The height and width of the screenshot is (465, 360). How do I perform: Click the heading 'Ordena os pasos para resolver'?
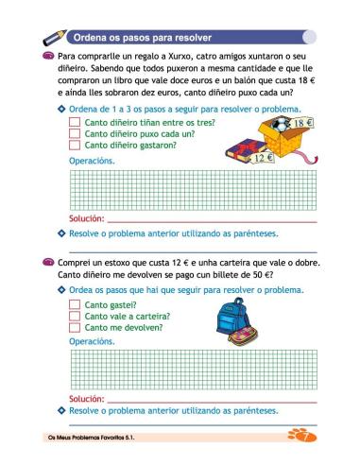tap(143, 38)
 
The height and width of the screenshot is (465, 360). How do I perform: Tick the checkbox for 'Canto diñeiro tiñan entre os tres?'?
tap(75, 123)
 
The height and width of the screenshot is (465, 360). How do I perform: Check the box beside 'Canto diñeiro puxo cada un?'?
tap(75, 134)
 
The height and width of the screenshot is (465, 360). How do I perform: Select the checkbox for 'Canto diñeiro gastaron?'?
tap(75, 146)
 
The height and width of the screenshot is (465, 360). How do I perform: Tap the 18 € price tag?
tap(301, 123)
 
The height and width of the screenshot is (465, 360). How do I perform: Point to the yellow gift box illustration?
tap(276, 137)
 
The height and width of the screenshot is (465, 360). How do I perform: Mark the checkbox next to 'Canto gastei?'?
tap(75, 305)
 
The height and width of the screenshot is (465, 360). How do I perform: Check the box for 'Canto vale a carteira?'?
tap(75, 317)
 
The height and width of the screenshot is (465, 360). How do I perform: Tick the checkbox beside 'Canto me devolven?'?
tap(75, 328)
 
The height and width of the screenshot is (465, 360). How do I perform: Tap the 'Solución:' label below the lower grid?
tap(87, 398)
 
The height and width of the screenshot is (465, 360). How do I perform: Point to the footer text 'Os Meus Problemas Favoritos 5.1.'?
tap(91, 438)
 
